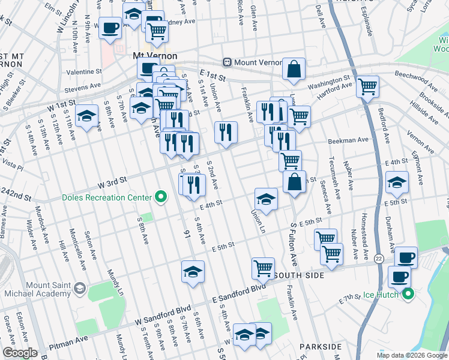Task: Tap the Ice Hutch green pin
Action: [408, 294]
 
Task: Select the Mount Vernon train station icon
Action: [228, 61]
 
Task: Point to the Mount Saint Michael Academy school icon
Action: [79, 290]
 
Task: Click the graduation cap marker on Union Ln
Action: [266, 199]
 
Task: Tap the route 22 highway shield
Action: [379, 258]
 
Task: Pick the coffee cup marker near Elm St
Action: [110, 28]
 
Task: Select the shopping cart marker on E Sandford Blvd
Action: [262, 268]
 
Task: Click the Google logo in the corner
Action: [20, 353]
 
